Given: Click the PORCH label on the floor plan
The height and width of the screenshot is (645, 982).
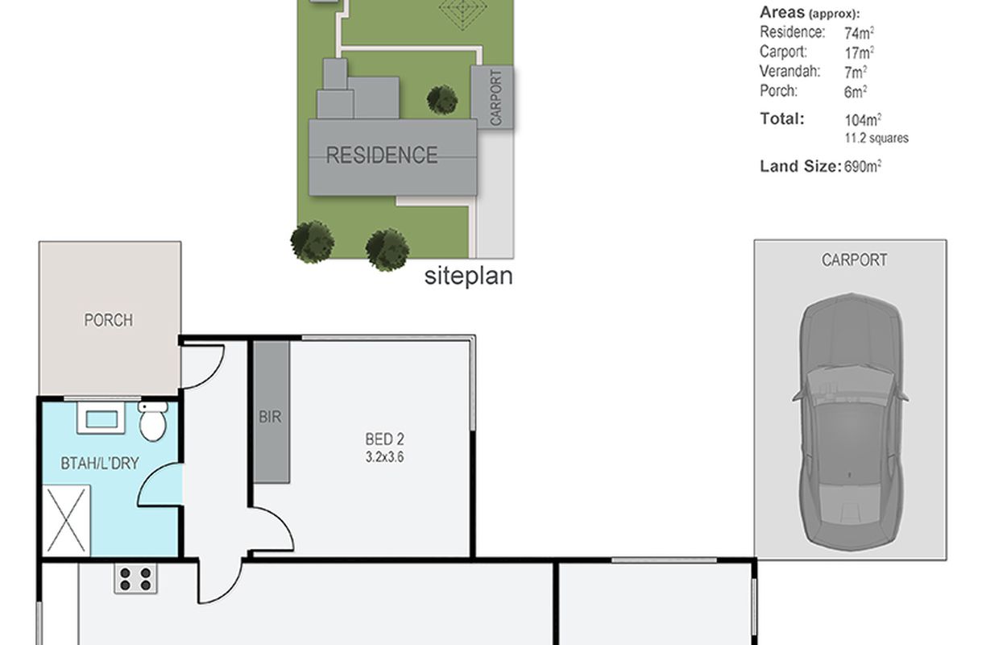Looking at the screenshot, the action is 108,320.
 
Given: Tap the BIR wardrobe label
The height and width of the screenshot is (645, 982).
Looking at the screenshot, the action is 270,416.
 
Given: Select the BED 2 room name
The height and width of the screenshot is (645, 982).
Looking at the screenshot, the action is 384,439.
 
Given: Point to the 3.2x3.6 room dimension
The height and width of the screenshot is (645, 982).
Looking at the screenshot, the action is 384,457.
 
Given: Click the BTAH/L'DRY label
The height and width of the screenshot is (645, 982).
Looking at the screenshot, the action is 100,464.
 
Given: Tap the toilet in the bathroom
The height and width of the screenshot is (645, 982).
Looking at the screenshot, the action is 153,420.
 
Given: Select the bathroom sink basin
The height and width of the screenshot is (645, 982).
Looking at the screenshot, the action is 102,418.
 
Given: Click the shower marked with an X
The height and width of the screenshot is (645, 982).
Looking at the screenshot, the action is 66,520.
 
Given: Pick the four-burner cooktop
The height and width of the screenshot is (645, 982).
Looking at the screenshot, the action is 136,579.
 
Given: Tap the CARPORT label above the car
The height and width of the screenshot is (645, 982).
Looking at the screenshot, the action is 855,260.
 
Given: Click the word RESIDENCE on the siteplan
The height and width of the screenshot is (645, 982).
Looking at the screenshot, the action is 382,155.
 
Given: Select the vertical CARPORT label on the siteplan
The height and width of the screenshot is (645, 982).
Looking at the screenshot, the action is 495,98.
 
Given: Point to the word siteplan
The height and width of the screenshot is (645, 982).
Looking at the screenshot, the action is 468,276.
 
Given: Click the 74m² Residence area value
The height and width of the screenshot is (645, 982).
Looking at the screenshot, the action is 860,33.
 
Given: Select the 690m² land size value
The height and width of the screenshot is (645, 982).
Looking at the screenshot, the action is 863,166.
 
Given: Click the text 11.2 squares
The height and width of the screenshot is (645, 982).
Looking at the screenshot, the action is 876,138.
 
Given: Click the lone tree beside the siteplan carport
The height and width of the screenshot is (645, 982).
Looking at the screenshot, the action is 442,100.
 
